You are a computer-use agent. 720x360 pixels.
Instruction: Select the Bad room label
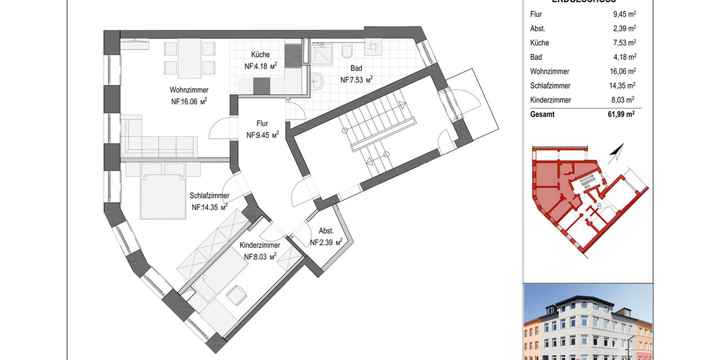pyautogui.click(x=357, y=69)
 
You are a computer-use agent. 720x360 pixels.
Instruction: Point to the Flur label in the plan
pyautogui.click(x=262, y=124)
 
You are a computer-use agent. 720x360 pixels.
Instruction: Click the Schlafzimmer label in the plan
pyautogui.click(x=209, y=196)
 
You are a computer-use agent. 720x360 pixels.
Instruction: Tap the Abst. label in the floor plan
pyautogui.click(x=326, y=232)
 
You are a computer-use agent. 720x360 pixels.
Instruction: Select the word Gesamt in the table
pyautogui.click(x=543, y=114)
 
